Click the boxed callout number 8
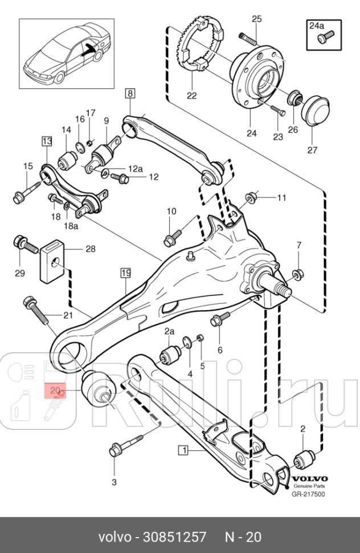pyautogui.click(x=130, y=92)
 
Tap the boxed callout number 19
pyautogui.click(x=126, y=273)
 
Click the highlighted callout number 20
pyautogui.click(x=55, y=391)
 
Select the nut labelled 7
pyautogui.click(x=297, y=274)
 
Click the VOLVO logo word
pyautogui.click(x=309, y=478)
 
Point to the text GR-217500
pyautogui.click(x=308, y=494)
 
